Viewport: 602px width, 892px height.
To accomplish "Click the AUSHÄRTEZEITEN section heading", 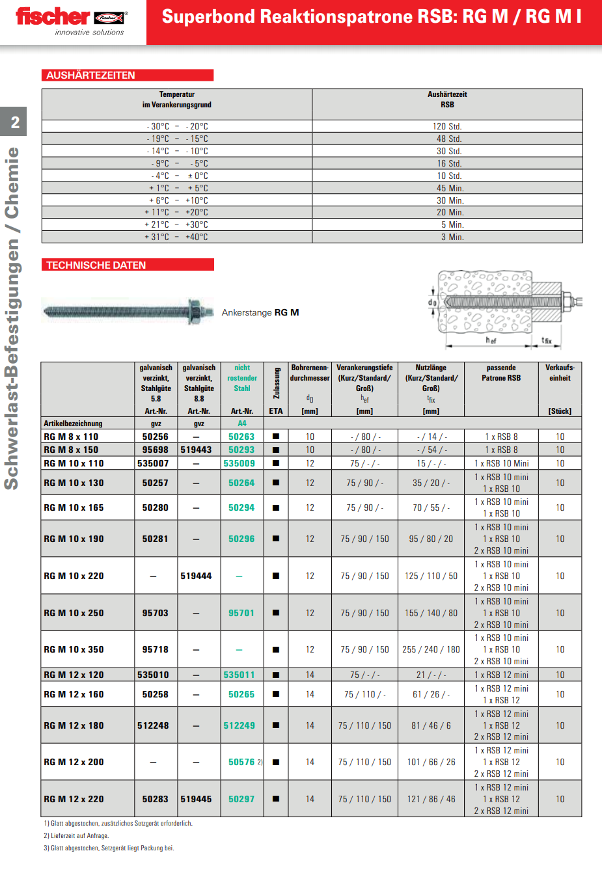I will (90, 75).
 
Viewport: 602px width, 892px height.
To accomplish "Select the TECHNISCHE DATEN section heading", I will (96, 265).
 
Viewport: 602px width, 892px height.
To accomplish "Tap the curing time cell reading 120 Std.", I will (447, 127).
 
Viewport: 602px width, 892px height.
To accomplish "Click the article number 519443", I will (196, 450).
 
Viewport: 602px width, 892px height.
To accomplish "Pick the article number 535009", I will (239, 463).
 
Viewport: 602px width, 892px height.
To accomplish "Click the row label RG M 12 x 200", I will (74, 762).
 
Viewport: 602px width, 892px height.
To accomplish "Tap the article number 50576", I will (241, 762).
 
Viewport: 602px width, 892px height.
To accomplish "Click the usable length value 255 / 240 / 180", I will (431, 649).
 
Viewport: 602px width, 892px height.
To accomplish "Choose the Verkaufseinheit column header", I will (560, 373).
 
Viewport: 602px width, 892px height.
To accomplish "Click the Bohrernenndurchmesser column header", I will (310, 373).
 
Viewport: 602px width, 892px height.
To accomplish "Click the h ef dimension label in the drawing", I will (491, 340).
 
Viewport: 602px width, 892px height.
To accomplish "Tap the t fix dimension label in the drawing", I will (546, 340).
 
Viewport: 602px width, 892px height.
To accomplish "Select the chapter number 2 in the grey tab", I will (15, 122).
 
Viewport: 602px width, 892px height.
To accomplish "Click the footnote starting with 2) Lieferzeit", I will (76, 835).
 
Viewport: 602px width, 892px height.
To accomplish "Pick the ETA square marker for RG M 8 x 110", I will (276, 437).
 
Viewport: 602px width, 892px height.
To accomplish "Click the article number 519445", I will (196, 799).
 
